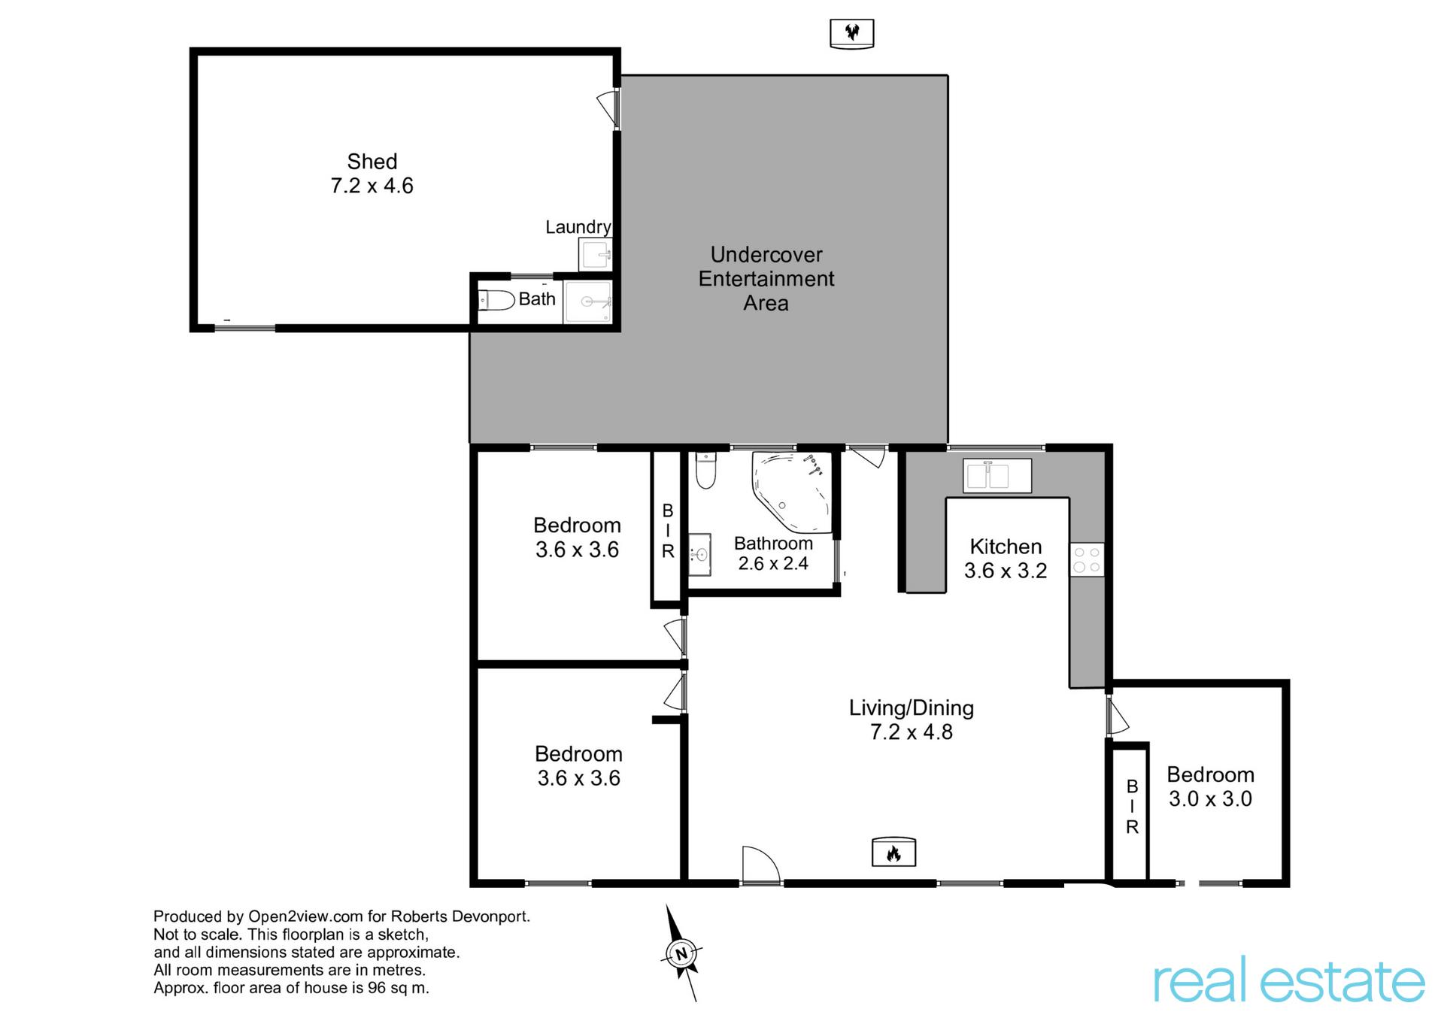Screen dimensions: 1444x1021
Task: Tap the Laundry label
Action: pos(578,227)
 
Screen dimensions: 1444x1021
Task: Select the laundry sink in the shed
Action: pos(596,254)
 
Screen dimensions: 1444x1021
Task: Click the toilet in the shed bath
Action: pos(496,301)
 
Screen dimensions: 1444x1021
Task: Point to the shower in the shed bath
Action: pos(588,301)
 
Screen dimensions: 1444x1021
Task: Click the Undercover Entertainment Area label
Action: pos(766,279)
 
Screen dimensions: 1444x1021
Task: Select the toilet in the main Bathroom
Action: pos(705,470)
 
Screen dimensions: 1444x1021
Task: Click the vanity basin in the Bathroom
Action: pos(700,555)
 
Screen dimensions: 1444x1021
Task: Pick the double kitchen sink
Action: pos(997,476)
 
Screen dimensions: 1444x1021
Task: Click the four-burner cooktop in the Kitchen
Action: pos(1087,559)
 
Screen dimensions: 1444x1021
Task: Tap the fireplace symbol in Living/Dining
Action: pos(893,852)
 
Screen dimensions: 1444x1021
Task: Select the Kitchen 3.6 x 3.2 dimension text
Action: pos(1006,571)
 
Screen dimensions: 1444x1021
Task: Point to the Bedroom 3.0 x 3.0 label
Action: pos(1210,786)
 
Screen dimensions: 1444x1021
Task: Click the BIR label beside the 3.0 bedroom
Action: pos(1132,807)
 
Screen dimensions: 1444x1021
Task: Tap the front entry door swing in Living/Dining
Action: pos(761,865)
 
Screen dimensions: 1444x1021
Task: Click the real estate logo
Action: pos(1289,980)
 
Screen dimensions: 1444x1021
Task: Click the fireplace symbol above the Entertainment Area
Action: pos(851,34)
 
